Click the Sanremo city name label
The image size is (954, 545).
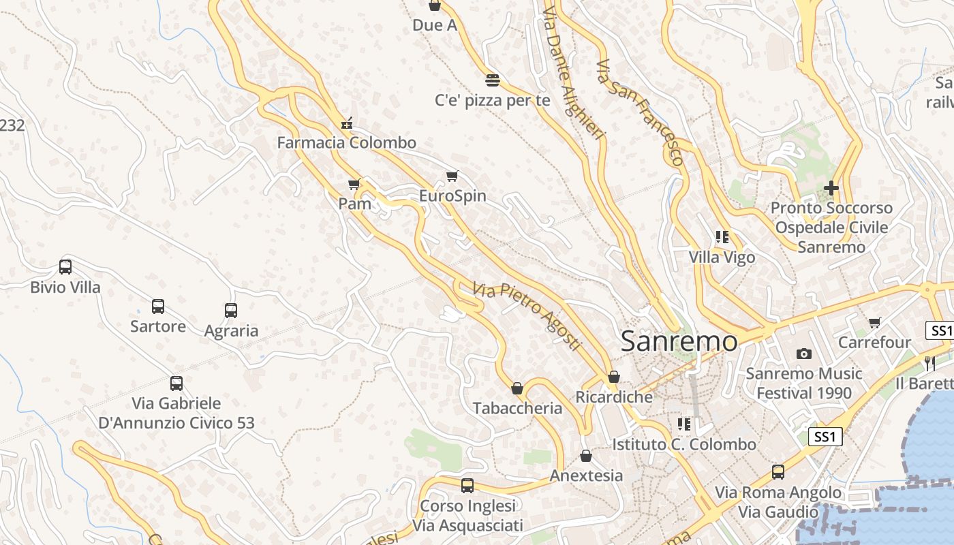(679, 341)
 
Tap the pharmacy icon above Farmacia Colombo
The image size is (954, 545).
(347, 123)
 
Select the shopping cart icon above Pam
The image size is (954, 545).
(354, 184)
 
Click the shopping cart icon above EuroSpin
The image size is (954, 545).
(452, 176)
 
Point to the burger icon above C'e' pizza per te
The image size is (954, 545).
(493, 80)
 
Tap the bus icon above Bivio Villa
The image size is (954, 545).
(65, 267)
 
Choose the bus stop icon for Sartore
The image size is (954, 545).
(158, 307)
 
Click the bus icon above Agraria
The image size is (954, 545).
(231, 311)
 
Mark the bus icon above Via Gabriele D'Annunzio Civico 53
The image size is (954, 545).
(176, 384)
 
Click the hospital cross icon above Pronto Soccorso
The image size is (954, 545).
(831, 187)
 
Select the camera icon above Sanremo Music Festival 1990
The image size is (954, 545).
(804, 354)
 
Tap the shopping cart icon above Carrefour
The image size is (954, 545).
(875, 322)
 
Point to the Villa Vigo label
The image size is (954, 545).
(722, 258)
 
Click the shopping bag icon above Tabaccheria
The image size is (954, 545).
(517, 388)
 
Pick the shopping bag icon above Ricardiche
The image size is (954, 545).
(614, 377)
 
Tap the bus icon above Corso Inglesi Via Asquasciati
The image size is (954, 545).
(467, 486)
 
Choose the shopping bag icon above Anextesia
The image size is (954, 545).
(586, 456)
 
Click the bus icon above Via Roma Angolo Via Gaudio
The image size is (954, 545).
(778, 472)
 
